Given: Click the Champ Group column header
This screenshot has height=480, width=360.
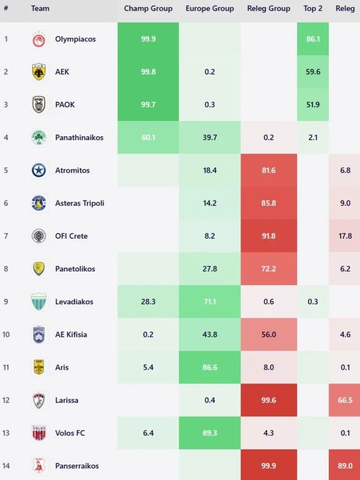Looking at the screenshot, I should click(148, 9).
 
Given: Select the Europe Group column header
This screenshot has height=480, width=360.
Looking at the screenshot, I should click(210, 9).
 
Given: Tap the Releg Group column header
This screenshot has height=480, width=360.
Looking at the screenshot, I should click(268, 9).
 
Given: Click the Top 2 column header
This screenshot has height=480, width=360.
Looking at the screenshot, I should click(313, 9).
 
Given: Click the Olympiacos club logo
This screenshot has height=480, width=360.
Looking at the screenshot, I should click(39, 39).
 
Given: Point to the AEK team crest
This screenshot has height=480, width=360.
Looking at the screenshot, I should click(39, 72).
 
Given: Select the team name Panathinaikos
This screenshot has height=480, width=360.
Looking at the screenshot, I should click(79, 138).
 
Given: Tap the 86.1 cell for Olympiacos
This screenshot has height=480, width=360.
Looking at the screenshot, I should click(313, 39).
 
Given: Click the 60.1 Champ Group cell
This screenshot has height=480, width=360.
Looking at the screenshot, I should click(148, 138).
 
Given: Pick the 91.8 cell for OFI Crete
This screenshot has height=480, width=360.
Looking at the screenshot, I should click(269, 236).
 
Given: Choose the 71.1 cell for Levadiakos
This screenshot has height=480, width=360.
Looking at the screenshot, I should click(210, 302).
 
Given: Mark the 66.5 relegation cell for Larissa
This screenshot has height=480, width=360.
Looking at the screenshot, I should click(345, 400).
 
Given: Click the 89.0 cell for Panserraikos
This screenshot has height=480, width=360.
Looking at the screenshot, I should click(345, 466).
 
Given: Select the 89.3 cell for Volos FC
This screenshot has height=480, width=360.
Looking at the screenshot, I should click(210, 433).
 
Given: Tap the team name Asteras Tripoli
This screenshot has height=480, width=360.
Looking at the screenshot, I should click(80, 204).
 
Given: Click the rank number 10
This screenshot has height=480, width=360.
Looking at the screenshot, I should click(6, 335).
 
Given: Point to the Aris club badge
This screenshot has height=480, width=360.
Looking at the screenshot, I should click(39, 367).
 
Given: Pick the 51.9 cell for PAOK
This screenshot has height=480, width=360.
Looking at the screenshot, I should click(313, 105).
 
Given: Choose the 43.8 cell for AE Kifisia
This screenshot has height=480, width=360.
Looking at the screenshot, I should click(210, 335).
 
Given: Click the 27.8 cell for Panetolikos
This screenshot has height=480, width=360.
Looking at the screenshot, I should click(210, 269).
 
